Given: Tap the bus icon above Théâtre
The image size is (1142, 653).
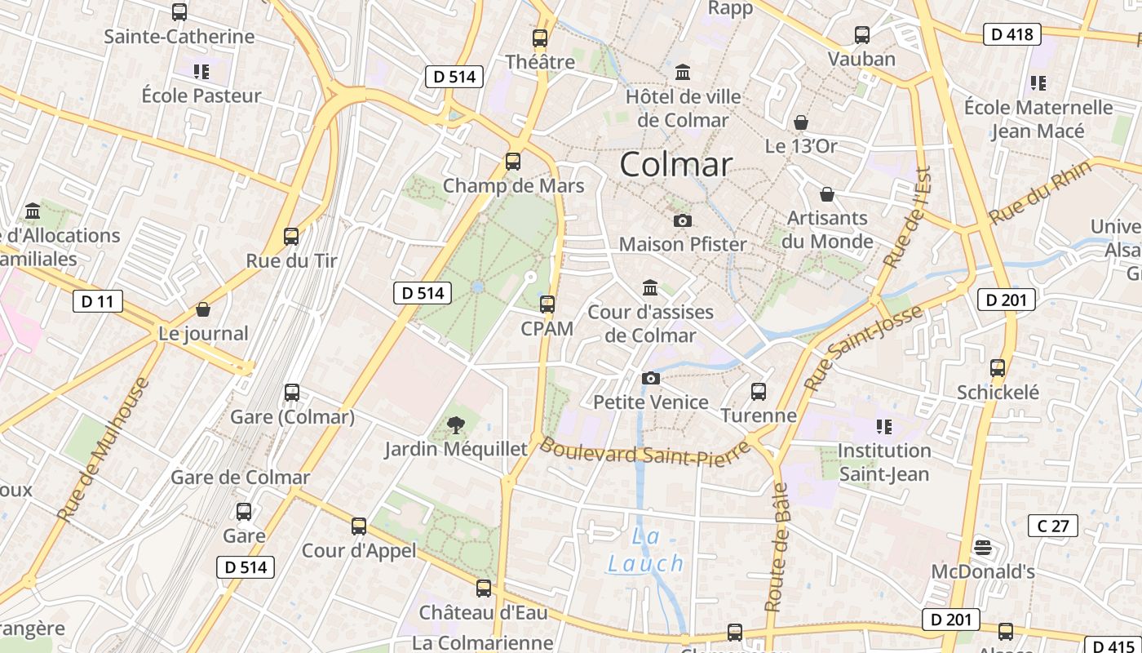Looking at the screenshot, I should (x=539, y=38).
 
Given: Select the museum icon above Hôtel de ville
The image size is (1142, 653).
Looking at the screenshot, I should (x=683, y=73).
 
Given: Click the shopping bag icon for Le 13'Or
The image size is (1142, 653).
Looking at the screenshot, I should (x=801, y=122).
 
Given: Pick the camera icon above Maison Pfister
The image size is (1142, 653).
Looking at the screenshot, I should (x=683, y=220).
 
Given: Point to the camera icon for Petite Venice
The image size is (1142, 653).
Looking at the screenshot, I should (x=650, y=378).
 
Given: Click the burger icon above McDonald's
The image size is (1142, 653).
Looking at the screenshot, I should (x=983, y=547).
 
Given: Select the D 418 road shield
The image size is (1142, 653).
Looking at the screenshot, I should (x=1011, y=34).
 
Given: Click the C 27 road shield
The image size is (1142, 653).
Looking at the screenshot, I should (x=1053, y=526).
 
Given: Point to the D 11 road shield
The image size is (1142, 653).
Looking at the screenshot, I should (x=98, y=301).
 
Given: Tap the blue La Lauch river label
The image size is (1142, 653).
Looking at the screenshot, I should (x=646, y=550).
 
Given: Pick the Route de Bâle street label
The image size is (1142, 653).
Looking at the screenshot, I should (x=777, y=547).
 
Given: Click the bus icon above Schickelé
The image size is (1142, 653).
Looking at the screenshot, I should (x=998, y=368).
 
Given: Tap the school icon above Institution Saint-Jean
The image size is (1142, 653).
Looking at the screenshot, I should (x=883, y=426).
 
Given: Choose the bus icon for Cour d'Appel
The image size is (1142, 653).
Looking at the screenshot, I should (x=359, y=526).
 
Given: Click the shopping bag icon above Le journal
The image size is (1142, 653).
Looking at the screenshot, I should (x=203, y=309).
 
